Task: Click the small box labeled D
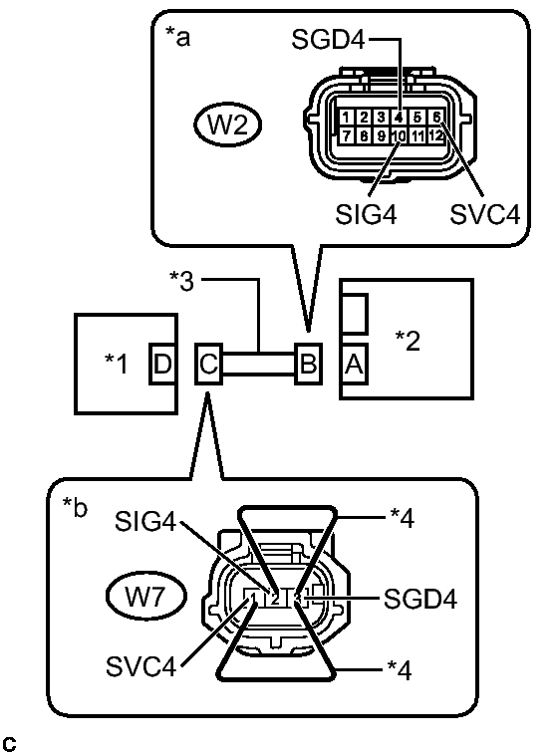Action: pos(162,364)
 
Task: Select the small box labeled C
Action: pos(207,364)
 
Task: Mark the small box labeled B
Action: pos(308,364)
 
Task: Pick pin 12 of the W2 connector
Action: pos(435,134)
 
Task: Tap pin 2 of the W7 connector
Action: pos(275,599)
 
